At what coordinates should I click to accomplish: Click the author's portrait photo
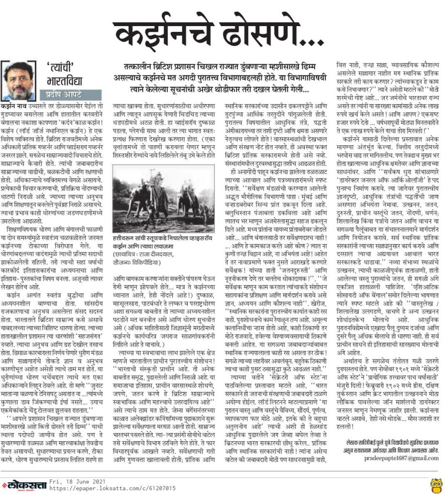[x=18, y=80]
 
